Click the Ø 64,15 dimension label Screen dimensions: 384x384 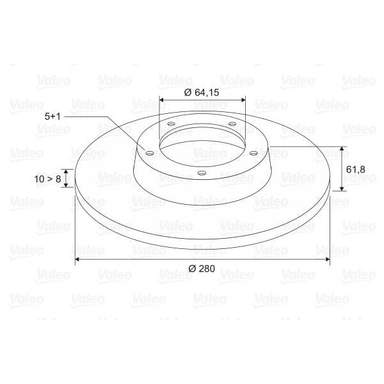tap(202, 93)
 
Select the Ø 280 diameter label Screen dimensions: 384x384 tap(202, 269)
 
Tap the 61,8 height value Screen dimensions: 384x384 tap(356, 170)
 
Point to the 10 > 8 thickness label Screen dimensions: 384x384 tap(47, 179)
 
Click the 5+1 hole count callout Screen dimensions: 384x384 tap(52, 116)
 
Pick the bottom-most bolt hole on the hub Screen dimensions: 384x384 tap(202, 173)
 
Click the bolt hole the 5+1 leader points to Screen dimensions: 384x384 tap(150, 154)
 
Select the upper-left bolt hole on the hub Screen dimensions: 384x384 tap(172, 124)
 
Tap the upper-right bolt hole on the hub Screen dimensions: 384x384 tap(232, 124)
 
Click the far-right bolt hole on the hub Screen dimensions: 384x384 tap(253, 154)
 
